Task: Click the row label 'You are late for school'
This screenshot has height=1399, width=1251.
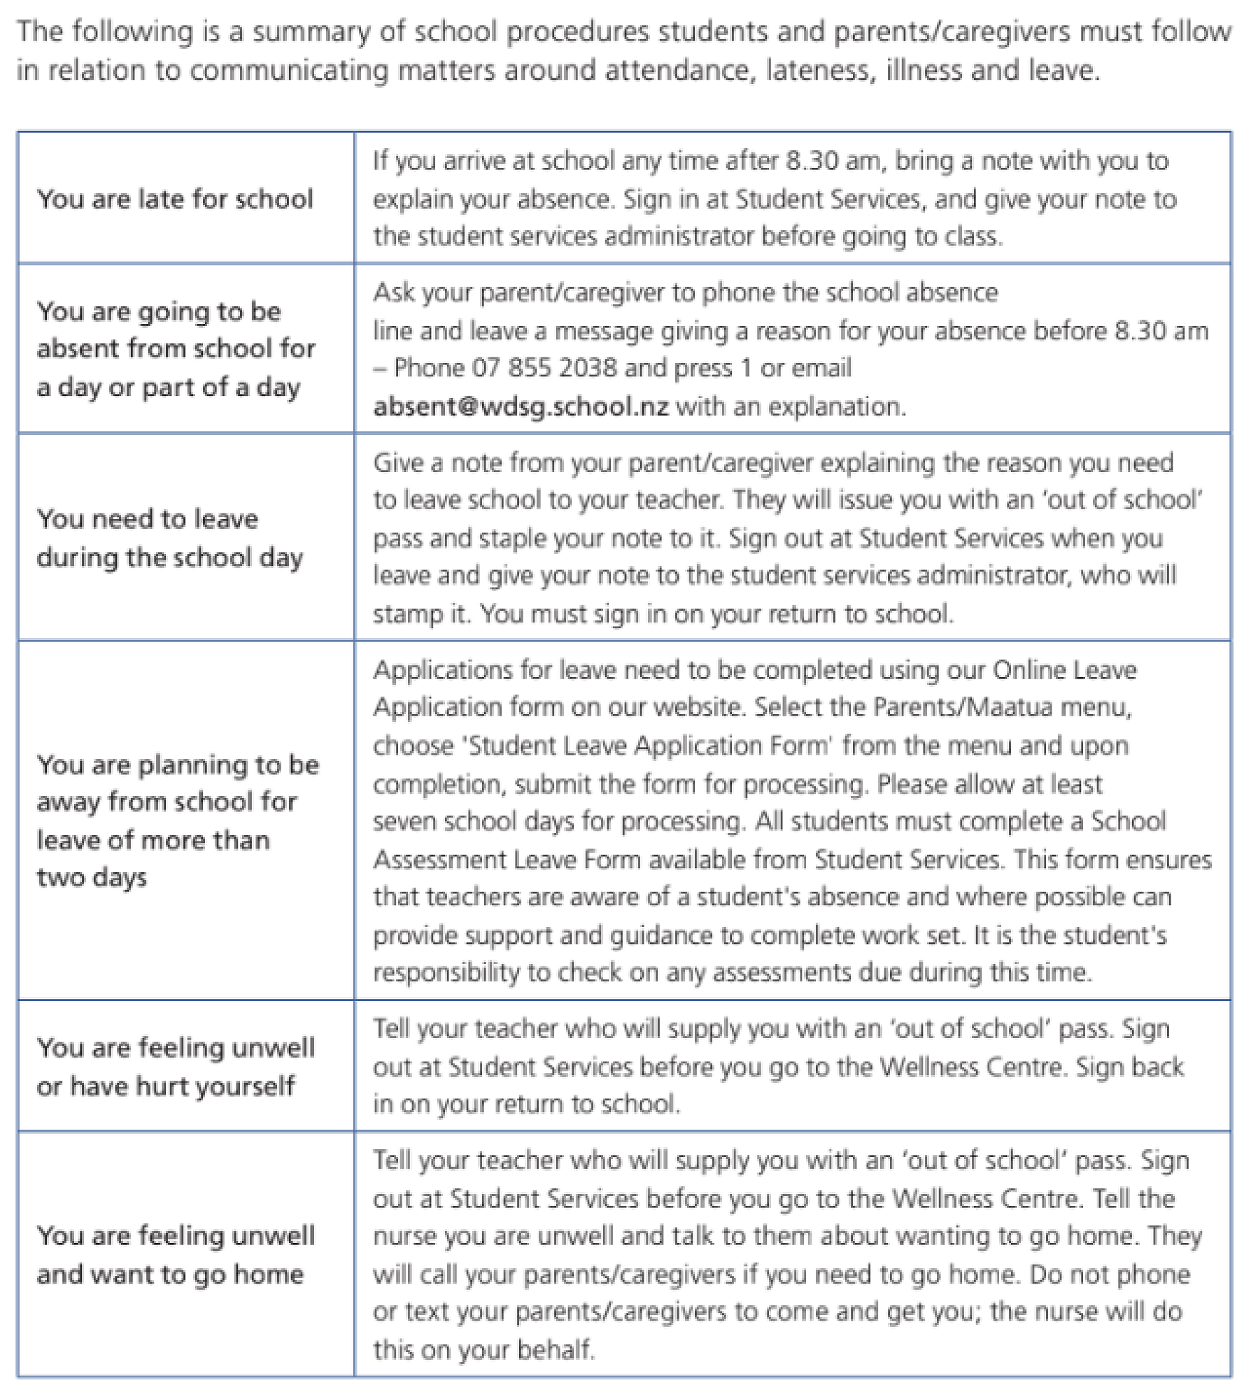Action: coord(175,199)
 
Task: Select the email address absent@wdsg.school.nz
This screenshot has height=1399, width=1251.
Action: coord(521,406)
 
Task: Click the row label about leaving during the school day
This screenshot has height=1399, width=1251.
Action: coord(170,538)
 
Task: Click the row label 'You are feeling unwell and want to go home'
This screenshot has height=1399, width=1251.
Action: coord(176,1255)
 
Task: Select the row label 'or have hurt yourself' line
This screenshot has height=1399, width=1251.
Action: coord(166,1086)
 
